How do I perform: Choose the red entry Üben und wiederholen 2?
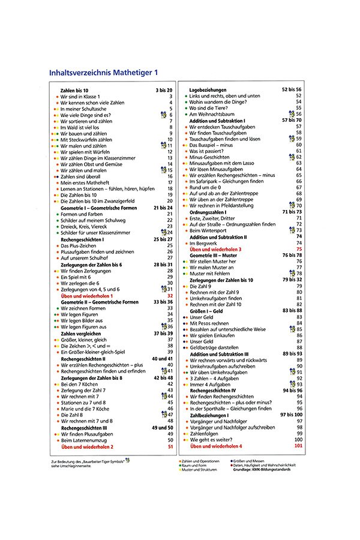tap(87, 447)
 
